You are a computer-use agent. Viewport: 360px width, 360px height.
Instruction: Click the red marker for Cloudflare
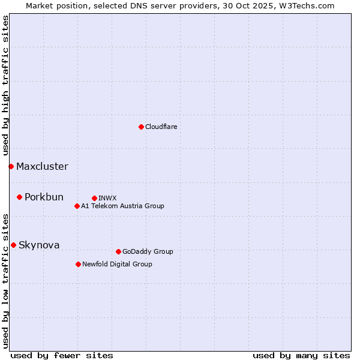coord(141,127)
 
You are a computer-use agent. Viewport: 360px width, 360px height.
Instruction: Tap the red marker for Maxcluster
coord(11,166)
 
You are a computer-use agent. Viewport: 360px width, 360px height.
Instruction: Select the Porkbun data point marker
coord(19,197)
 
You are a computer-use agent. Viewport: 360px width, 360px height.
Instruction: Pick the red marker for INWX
coord(94,198)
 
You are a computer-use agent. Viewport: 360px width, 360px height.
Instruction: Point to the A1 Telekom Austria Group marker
coord(77,206)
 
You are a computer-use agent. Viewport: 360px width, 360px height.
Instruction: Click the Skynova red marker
coord(13,245)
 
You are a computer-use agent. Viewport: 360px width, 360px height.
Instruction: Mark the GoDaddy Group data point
coord(118,251)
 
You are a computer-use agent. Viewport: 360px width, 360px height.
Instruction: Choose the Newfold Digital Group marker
coord(78,264)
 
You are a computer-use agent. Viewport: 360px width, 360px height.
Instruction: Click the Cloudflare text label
coord(161,127)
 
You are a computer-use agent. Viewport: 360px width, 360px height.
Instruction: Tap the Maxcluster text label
coord(42,167)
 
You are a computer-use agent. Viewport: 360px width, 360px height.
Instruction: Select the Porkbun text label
coord(44,197)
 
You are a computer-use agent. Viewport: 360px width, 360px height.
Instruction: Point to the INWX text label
coord(107,198)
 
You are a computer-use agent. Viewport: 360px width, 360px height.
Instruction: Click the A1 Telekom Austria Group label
coord(122,206)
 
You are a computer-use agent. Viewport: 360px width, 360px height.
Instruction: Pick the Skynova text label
coord(39,245)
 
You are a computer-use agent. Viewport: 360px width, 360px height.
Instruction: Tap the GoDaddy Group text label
coord(148,251)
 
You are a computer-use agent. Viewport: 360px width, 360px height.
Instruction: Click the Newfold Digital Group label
coord(117,264)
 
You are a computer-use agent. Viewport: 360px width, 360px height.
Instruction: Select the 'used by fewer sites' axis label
coord(62,355)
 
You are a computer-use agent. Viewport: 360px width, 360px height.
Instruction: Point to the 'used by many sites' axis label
coord(301,355)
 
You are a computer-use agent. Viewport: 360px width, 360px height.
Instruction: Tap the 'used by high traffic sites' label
coord(5,85)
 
